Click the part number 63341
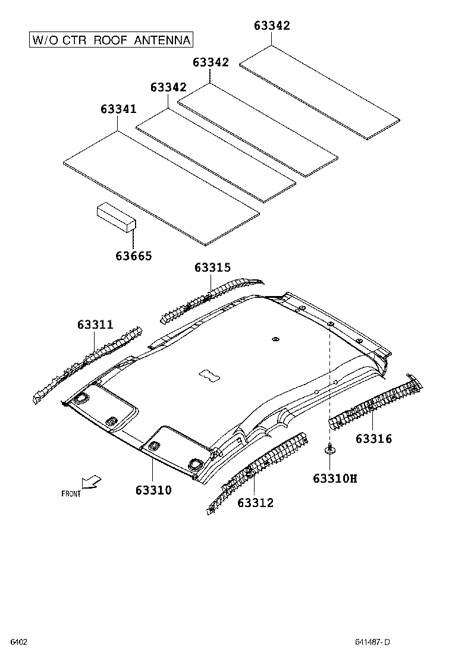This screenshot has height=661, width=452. pyautogui.click(x=118, y=109)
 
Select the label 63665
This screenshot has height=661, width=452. pyautogui.click(x=134, y=256)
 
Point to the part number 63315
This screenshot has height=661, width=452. pyautogui.click(x=212, y=268)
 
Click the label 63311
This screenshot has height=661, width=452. pyautogui.click(x=95, y=325)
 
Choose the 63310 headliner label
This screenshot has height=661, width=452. pyautogui.click(x=153, y=490)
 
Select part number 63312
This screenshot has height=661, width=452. pyautogui.click(x=255, y=503)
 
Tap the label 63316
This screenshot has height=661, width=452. pyautogui.click(x=374, y=439)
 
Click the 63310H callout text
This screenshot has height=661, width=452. pyautogui.click(x=335, y=478)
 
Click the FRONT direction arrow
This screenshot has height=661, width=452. pyautogui.click(x=92, y=481)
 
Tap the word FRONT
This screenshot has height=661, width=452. pyautogui.click(x=71, y=493)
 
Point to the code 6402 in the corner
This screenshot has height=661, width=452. pyautogui.click(x=18, y=641)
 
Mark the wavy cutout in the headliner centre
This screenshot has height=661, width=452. pyautogui.click(x=208, y=374)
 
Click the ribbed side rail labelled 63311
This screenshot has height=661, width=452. pyautogui.click(x=89, y=363)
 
